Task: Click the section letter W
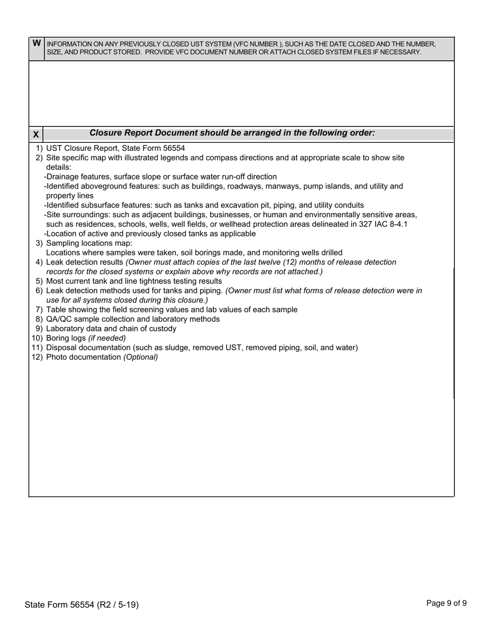click(x=37, y=43)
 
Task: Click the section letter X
click(x=36, y=135)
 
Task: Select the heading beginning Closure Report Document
click(x=232, y=133)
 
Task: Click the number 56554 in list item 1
click(x=174, y=148)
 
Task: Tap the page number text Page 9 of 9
click(x=446, y=604)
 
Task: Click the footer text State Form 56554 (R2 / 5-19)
click(x=82, y=605)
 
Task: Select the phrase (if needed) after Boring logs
click(x=107, y=338)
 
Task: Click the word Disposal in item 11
click(x=61, y=348)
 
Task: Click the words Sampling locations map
click(x=89, y=243)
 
